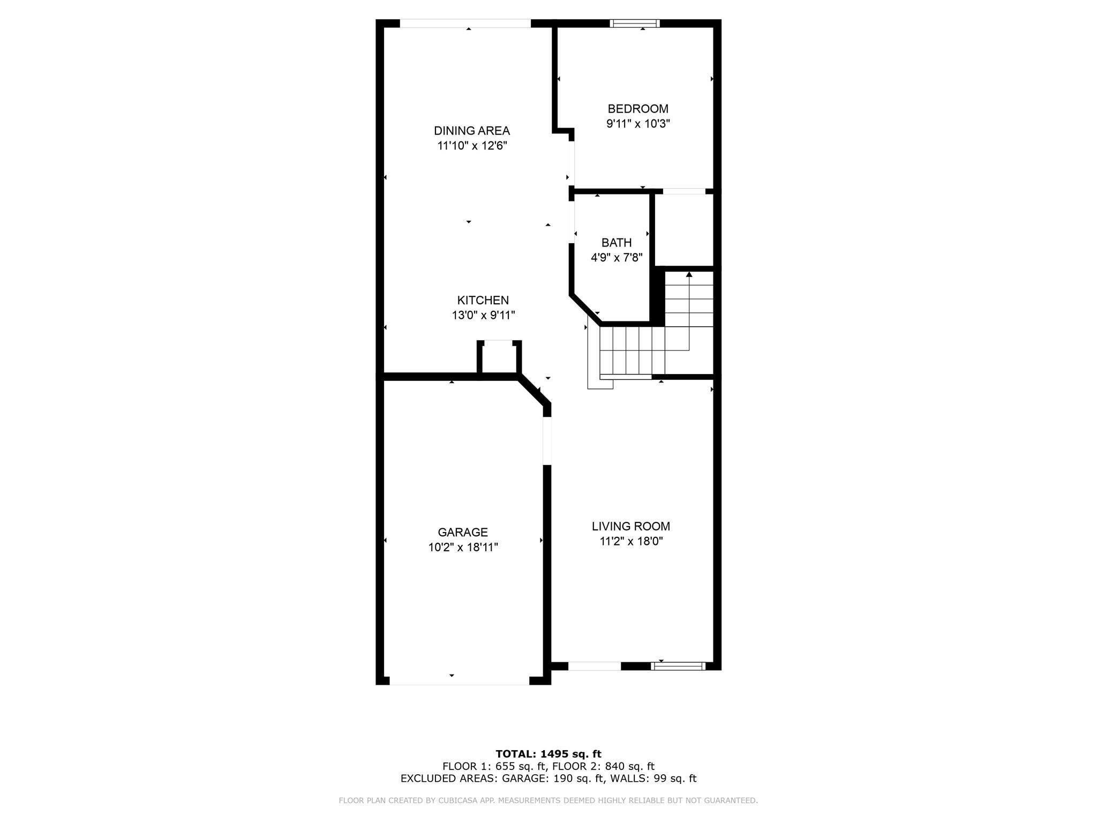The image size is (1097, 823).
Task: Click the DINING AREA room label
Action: point(471,131)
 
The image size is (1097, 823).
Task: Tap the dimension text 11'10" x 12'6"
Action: point(471,146)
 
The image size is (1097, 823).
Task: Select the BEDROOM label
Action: point(637,109)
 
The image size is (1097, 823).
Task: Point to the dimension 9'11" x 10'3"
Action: point(637,124)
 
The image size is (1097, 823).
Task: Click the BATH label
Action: point(616,243)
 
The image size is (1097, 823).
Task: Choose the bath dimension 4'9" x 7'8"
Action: point(616,258)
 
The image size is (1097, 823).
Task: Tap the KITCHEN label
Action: point(483,300)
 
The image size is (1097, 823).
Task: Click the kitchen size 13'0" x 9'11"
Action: point(483,315)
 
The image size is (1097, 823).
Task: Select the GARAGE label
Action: point(463,532)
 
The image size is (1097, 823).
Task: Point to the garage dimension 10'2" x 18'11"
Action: point(463,547)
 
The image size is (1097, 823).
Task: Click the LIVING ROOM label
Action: point(630,526)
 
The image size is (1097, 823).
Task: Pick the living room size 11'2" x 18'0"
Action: point(631,541)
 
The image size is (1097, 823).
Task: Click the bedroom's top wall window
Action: point(635,23)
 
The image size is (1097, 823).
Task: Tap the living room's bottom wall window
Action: point(678,666)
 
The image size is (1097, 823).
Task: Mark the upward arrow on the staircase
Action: point(689,275)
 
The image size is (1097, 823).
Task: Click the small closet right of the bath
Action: point(685,229)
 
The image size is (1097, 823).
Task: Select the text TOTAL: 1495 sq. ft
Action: point(548,754)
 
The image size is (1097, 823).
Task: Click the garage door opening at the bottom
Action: point(459,681)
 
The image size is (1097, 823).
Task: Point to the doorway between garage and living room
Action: point(547,440)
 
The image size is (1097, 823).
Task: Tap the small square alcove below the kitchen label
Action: point(499,358)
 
